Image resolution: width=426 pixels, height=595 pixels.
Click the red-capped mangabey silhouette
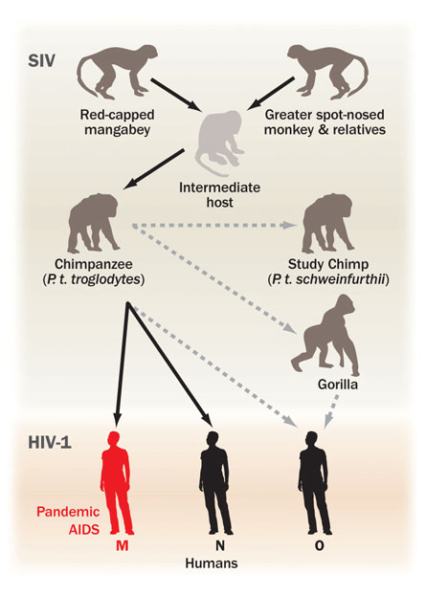[114, 70]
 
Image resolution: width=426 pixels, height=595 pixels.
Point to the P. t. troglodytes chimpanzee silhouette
[94, 223]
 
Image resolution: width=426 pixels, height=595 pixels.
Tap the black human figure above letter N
[214, 483]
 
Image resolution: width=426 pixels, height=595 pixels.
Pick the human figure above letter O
[314, 483]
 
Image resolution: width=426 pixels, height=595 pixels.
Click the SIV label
[42, 60]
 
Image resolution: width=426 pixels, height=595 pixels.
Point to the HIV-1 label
[50, 443]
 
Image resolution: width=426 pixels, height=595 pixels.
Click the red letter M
[122, 545]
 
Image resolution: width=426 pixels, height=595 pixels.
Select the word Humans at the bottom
[212, 562]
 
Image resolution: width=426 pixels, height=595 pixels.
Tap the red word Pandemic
[68, 512]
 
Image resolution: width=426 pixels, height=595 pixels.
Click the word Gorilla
[338, 385]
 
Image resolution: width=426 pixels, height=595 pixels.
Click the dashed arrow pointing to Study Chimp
[214, 226]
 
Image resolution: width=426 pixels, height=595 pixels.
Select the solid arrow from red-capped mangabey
[176, 95]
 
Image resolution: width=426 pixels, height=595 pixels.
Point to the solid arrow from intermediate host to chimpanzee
[154, 168]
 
